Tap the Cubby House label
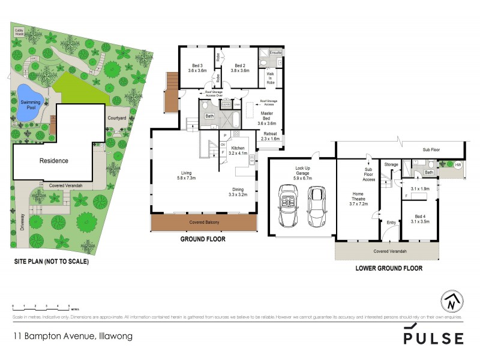tap(20, 31)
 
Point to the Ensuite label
tap(275, 53)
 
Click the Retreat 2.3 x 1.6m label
tap(271, 136)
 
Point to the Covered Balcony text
tap(205, 223)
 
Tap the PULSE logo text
tap(433, 338)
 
